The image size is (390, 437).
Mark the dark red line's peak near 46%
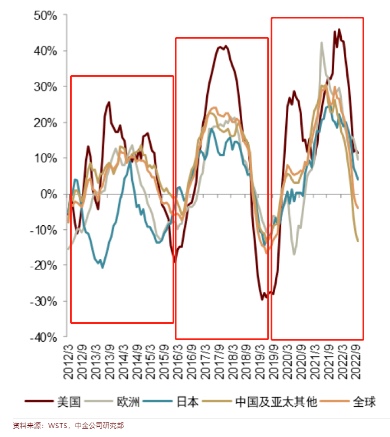(x=339, y=30)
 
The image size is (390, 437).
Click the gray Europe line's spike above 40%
(x=322, y=43)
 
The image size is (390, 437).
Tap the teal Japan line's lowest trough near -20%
(x=103, y=267)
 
